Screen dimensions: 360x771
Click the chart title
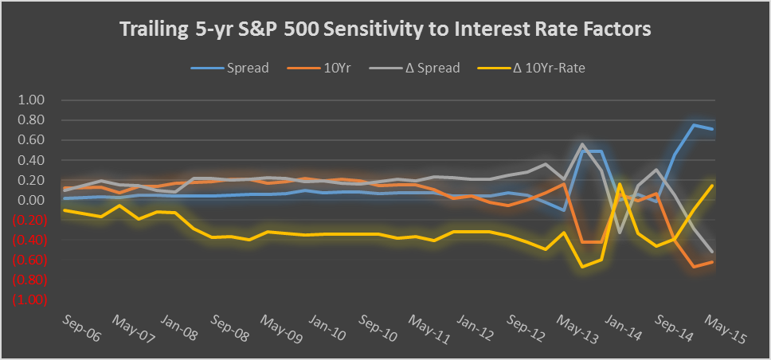tap(385, 29)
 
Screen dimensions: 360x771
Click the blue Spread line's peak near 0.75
tap(694, 124)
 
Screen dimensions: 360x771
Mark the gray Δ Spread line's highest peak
tap(583, 145)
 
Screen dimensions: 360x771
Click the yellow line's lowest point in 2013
tap(583, 266)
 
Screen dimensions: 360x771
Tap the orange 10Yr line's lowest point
tap(694, 266)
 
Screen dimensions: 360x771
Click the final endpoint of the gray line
tap(712, 252)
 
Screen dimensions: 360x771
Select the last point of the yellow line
tap(712, 185)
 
